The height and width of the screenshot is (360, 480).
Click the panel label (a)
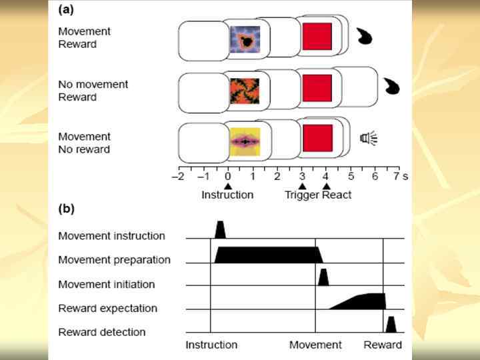point(66,10)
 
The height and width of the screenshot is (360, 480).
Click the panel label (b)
point(66,209)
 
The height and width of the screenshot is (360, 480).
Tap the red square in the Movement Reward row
point(317,36)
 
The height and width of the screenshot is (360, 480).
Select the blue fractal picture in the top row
point(245,39)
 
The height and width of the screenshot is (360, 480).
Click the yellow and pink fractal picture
point(245,141)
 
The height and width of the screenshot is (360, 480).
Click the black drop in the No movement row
point(392,85)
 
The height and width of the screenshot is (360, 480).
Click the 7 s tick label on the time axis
point(398,176)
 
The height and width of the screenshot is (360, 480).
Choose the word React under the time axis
point(337,195)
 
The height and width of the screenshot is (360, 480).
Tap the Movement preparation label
point(114,259)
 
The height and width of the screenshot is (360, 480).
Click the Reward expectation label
point(107,308)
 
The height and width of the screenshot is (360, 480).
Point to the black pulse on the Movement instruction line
point(220,230)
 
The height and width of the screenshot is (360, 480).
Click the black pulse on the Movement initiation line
point(323,277)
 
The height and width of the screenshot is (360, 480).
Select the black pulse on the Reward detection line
point(391,325)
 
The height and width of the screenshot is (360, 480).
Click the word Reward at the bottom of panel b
point(383,345)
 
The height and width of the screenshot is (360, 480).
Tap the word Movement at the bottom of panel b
point(315,345)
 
